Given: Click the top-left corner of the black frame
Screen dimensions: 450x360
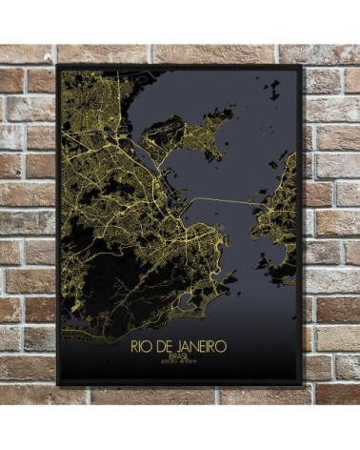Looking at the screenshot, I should pyautogui.click(x=58, y=66).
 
